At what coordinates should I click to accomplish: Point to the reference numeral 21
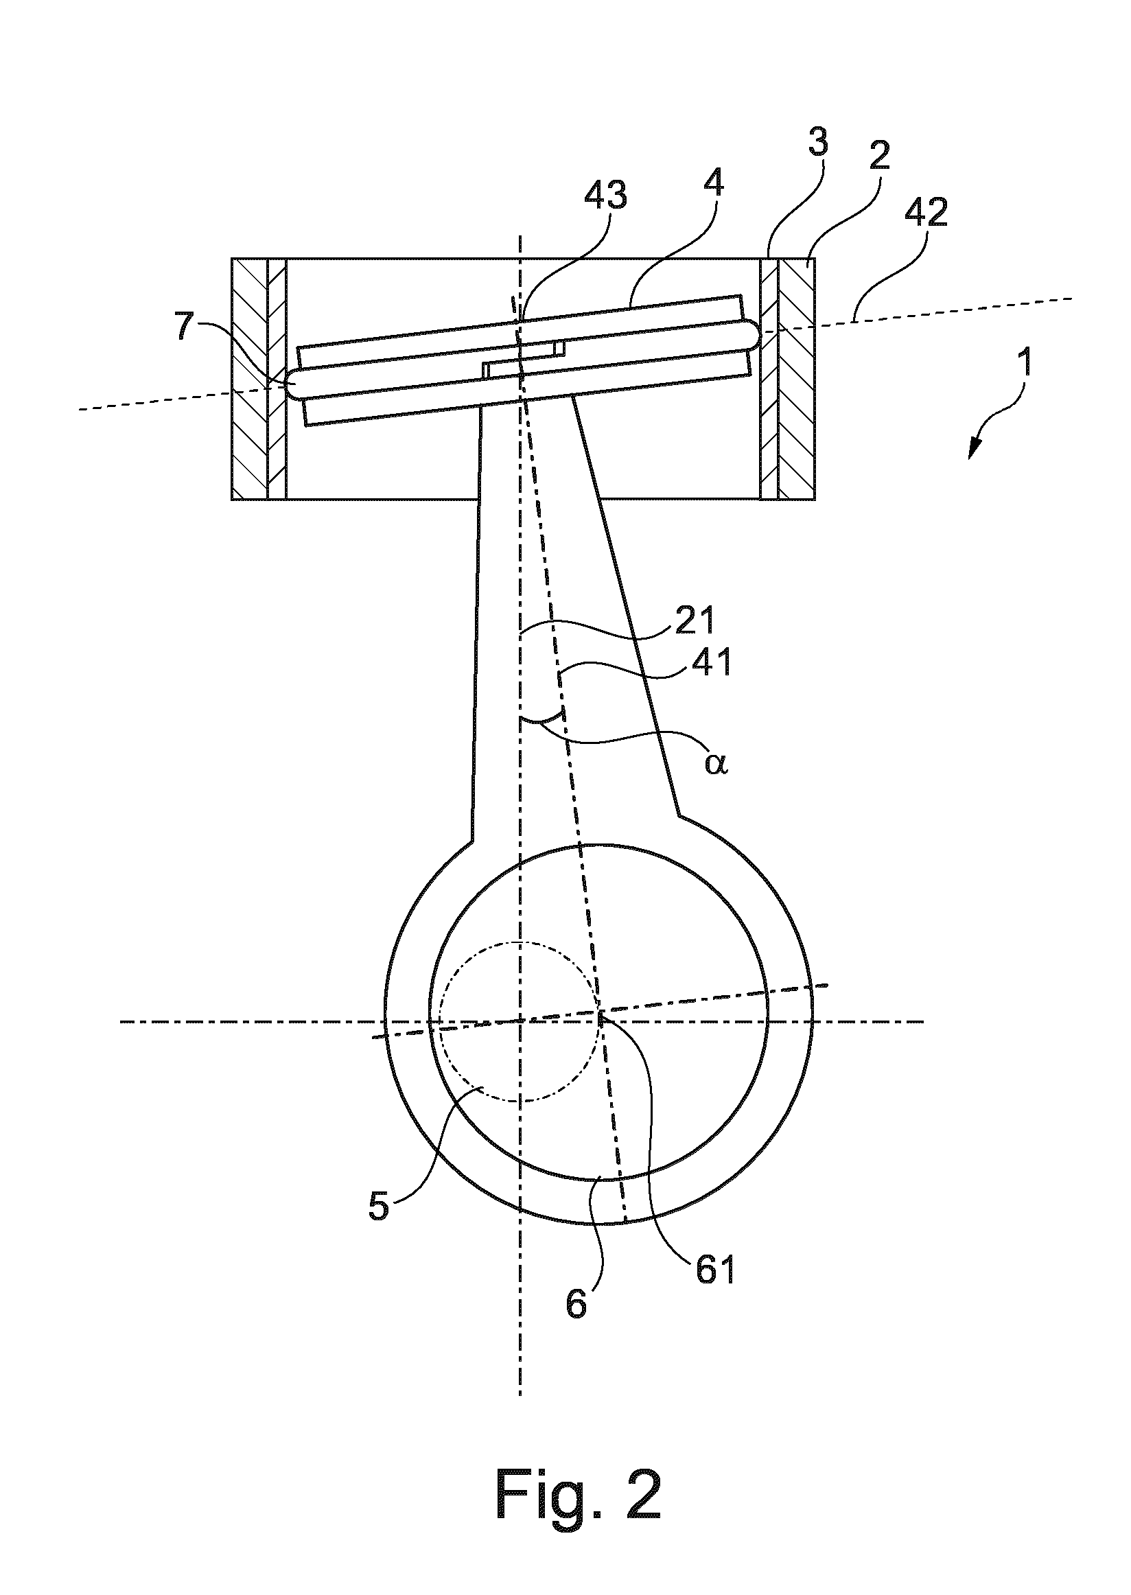pyautogui.click(x=695, y=619)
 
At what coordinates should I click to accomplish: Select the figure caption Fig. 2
pyautogui.click(x=579, y=1514)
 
